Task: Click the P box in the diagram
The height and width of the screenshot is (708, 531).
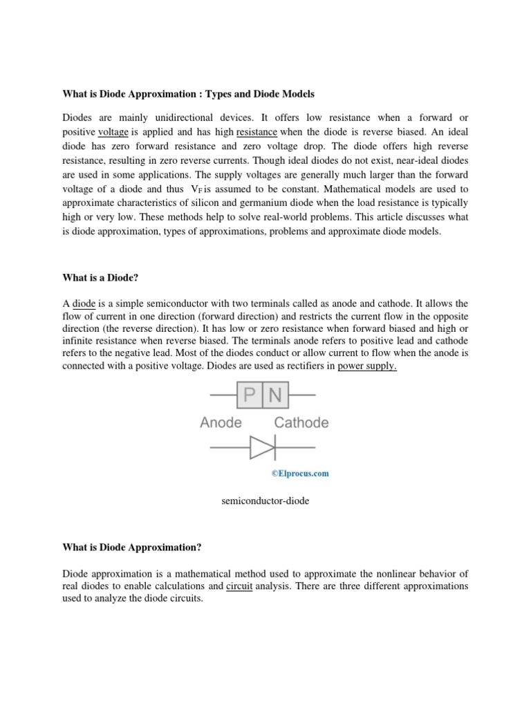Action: [250, 396]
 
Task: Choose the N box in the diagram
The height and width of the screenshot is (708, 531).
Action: [274, 396]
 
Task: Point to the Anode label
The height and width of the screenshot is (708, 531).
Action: [221, 422]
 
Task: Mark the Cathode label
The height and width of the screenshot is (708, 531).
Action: [301, 422]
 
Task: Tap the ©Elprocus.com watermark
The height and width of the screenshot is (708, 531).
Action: [300, 474]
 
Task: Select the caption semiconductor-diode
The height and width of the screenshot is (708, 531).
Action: [265, 501]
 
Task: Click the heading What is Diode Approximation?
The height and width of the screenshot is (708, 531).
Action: [132, 547]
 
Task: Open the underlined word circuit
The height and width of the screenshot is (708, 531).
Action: [241, 586]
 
